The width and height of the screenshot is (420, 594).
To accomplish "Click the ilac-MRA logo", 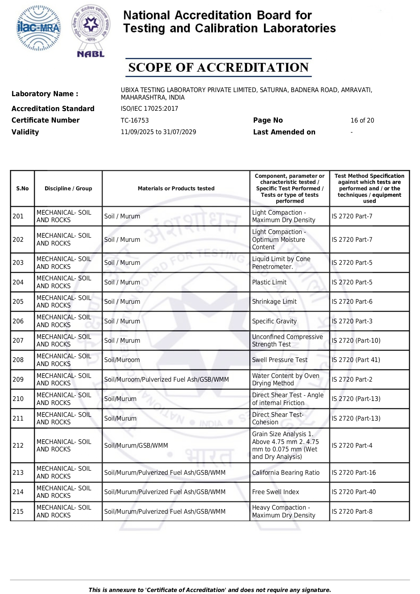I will tap(39, 28).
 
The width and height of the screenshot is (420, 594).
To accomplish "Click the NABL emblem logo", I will tap(91, 30).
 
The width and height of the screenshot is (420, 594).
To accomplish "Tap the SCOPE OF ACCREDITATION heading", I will tap(218, 67).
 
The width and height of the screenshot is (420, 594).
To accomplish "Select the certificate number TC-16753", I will tap(135, 121).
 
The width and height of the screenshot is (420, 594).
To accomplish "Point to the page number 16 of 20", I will tap(362, 121).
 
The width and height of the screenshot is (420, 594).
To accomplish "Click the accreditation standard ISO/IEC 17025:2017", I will tap(149, 109).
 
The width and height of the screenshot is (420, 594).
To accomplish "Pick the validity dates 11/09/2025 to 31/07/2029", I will tap(158, 132).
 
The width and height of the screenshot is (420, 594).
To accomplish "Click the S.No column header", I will tap(22, 189).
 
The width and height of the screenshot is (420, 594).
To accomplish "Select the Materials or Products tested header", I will tap(176, 189).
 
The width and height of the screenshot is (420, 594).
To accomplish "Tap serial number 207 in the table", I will tap(18, 341).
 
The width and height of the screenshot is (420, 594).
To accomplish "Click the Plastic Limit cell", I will tap(269, 282).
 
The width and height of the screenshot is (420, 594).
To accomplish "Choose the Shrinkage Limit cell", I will tap(274, 302).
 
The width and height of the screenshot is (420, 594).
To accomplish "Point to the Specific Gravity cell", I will tap(274, 321).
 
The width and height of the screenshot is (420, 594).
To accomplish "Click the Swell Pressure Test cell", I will tap(280, 360).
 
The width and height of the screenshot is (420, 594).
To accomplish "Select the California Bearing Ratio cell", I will tap(286, 473).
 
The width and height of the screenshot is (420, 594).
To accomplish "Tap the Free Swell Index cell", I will tap(275, 492).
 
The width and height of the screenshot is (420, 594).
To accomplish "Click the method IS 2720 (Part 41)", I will tap(356, 360).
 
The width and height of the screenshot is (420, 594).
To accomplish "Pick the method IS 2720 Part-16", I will tap(354, 473).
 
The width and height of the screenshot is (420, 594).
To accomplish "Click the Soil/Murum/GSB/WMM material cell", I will tap(136, 446).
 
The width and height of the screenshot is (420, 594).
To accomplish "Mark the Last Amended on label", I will tap(284, 132).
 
